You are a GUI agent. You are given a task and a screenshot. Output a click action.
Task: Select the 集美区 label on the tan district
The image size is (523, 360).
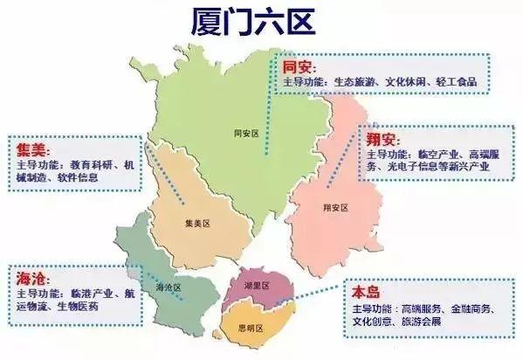[199, 224]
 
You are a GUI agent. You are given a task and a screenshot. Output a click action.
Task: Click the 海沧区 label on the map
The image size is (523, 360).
[168, 287]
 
